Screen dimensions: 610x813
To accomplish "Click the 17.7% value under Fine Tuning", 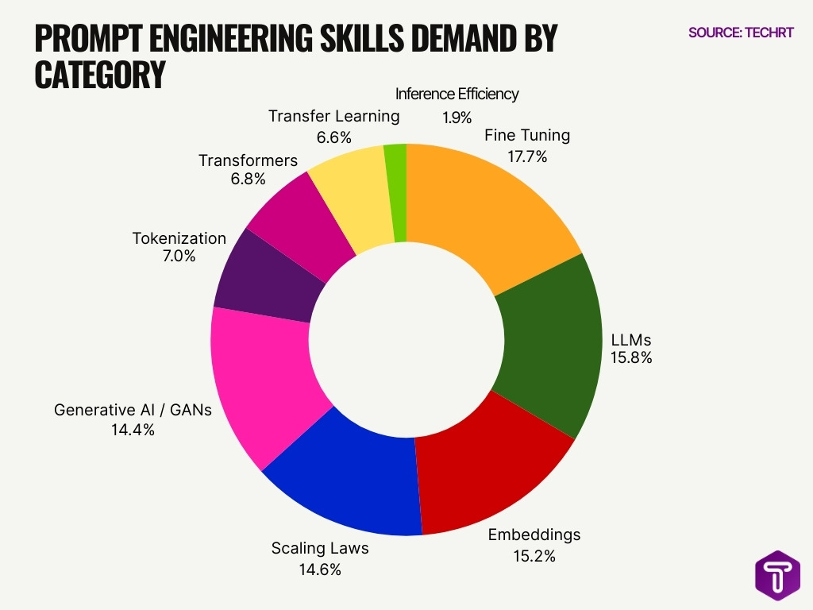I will coord(527,156).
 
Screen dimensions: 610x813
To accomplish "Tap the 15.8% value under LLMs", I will coord(631,357).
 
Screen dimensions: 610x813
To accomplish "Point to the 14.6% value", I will coord(320,569).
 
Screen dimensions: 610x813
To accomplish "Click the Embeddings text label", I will coord(534,535).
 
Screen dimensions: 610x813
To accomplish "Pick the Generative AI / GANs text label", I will coord(133,410).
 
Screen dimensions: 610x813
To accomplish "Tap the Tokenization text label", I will coord(179,238).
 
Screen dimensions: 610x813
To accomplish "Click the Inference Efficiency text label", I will coord(457,94).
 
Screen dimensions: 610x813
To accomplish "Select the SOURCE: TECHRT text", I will coord(741,33).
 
